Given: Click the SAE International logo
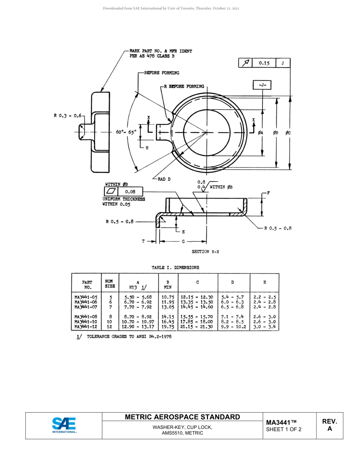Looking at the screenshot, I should [64, 425].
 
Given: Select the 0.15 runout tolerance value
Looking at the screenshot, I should [264, 63].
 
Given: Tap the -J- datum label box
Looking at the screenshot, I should [262, 85].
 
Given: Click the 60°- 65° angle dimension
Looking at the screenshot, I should [126, 132].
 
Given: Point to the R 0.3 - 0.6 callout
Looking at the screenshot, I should [67, 116].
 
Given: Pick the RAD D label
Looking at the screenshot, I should [164, 179].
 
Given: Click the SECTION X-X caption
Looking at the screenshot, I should [205, 252].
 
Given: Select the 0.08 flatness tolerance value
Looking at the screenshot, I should [130, 192].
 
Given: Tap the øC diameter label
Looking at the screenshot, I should [288, 133].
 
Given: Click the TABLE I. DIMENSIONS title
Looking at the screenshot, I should [175, 267].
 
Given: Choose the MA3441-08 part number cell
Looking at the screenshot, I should [86, 317].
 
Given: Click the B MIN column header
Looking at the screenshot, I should [167, 285].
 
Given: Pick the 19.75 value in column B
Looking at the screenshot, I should [167, 327].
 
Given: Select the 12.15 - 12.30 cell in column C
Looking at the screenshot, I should [197, 297].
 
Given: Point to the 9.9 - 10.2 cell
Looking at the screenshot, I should [233, 327].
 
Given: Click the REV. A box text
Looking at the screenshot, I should [329, 425].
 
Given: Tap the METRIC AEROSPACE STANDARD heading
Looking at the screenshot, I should [182, 417].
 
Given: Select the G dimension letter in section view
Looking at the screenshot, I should [183, 241].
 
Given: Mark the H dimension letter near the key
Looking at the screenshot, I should [147, 148].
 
